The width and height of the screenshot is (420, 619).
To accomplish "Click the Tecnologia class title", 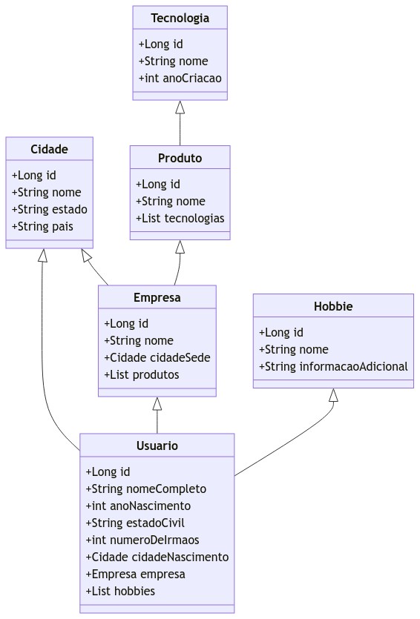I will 180,18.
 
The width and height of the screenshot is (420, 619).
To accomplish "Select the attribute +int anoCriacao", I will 180,78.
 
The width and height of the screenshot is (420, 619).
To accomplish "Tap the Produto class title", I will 180,158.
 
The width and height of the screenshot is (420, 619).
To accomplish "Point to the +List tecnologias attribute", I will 180,218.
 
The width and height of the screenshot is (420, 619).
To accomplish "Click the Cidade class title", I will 49,149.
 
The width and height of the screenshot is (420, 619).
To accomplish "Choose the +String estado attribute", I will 49,209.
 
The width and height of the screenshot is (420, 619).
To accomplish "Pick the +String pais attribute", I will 42,226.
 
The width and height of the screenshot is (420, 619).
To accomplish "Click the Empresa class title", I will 157,297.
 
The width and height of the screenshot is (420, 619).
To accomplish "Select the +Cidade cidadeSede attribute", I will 157,357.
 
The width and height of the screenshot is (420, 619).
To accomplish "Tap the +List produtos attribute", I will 142,374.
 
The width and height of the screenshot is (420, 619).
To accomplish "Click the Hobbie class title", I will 333,306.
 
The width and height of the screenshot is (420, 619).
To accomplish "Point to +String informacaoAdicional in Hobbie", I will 333,366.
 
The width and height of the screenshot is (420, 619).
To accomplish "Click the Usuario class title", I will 157,446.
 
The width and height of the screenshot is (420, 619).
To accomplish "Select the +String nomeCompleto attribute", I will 146,489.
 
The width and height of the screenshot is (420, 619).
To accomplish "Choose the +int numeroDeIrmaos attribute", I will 142,540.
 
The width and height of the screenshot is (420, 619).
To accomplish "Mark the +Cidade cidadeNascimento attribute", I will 157,557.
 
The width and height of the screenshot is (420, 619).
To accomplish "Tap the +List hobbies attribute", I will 120,591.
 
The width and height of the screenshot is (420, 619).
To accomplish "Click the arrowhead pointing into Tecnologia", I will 180,107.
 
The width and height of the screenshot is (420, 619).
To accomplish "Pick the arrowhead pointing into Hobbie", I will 333,395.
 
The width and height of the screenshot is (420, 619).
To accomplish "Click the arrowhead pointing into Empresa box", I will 157,404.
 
